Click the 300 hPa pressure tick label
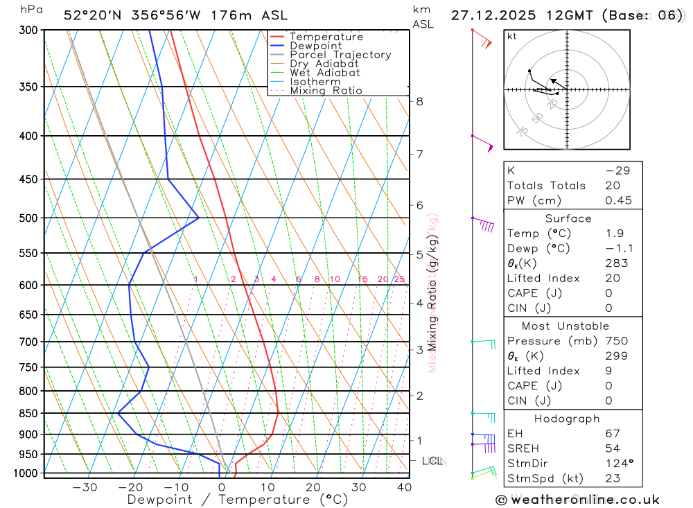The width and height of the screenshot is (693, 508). coord(28,30)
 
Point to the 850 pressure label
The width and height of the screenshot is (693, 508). coord(28,414)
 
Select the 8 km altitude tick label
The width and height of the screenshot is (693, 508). coord(419,101)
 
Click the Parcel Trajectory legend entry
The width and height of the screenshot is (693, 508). coord(340,55)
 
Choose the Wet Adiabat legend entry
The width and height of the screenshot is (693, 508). coord(325,73)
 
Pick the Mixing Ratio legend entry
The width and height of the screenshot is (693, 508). coord(326,91)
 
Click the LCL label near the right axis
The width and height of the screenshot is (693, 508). coord(432,461)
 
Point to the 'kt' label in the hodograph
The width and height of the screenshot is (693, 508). coord(512,36)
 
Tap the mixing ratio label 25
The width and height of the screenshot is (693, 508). coord(399,279)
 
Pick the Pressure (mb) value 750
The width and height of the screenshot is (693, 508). coord(615,341)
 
